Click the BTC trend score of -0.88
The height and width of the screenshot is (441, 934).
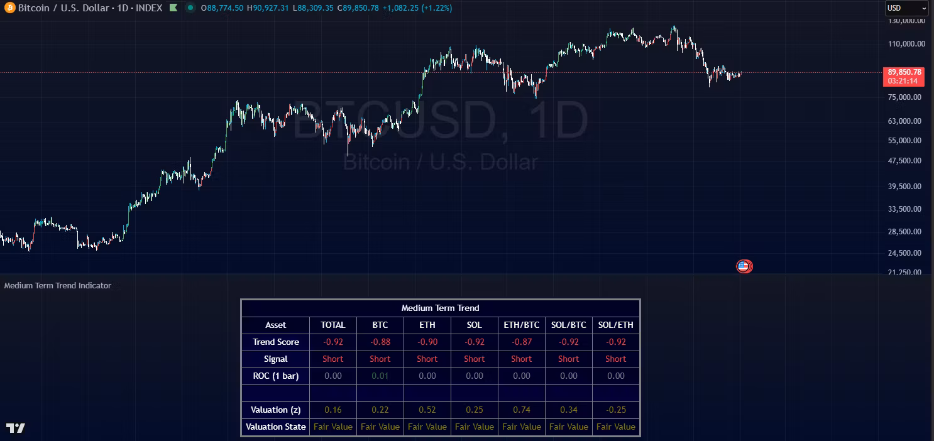[380, 342]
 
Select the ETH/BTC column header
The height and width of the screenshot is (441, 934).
[521, 325]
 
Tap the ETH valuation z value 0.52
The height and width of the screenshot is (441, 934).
[427, 410]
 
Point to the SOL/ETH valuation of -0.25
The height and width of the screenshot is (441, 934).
[615, 410]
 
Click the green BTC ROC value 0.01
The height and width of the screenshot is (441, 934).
[380, 376]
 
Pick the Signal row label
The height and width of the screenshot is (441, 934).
[275, 359]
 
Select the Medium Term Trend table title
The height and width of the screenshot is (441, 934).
[440, 308]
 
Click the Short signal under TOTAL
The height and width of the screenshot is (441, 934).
[332, 359]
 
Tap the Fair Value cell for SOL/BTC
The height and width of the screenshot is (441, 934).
[568, 427]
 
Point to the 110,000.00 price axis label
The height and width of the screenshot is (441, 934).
[906, 44]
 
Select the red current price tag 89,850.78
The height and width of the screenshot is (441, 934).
[903, 72]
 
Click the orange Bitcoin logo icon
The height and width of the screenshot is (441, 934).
[9, 8]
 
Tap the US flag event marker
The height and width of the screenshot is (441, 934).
[744, 266]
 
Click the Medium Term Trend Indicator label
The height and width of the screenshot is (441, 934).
[58, 285]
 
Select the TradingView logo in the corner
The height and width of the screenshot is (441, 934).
[16, 428]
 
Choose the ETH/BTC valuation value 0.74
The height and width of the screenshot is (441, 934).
[521, 410]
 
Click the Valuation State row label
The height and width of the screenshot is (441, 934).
[275, 427]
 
